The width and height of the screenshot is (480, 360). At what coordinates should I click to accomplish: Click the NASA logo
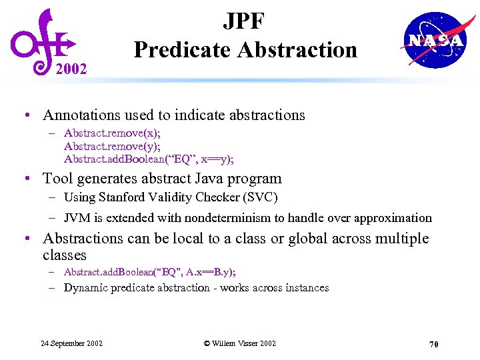point(435,40)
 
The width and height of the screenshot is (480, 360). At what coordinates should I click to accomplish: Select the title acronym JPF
point(245,21)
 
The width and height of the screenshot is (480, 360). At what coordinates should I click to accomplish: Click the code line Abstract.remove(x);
point(112,134)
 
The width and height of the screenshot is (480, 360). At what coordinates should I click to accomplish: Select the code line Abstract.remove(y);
point(112,147)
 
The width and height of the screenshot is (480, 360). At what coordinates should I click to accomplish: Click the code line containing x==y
point(149,159)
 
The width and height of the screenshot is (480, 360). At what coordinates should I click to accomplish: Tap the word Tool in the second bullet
point(57,179)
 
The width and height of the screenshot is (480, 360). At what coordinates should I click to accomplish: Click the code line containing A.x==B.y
point(149,272)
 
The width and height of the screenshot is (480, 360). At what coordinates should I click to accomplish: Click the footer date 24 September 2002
point(71,343)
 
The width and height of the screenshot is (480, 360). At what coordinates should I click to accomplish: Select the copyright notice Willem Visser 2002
point(239,343)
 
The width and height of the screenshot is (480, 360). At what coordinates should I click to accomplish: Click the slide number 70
point(433,344)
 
